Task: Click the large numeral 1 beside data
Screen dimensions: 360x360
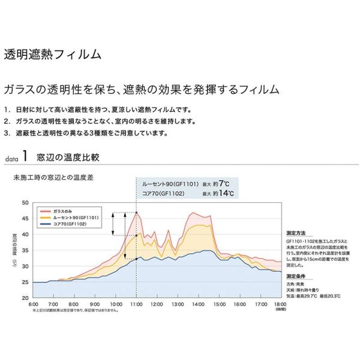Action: [25, 157]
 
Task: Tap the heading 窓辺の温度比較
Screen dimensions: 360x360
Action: [67, 158]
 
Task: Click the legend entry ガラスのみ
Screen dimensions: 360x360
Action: [64, 211]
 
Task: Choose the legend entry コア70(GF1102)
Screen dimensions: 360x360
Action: [69, 223]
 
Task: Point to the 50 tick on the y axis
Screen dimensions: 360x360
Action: [25, 203]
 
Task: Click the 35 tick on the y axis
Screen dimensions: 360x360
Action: [25, 250]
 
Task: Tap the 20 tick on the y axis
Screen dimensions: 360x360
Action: [25, 298]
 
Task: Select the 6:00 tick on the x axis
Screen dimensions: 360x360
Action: [33, 304]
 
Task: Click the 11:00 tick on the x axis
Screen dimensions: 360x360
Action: [136, 304]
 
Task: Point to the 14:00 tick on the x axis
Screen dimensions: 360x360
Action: [198, 304]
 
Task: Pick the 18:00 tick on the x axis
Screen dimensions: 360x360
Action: [280, 304]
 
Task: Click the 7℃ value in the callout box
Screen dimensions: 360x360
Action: [224, 183]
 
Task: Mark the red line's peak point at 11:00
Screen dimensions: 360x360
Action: [136, 212]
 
